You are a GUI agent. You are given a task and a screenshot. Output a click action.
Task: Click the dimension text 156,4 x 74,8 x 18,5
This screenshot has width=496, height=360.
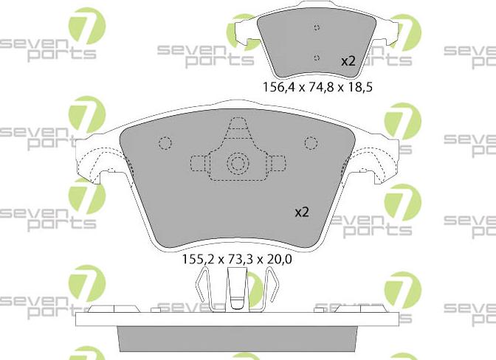(317, 86)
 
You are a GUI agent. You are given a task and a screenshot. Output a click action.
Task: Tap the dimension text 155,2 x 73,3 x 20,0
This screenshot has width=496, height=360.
(237, 260)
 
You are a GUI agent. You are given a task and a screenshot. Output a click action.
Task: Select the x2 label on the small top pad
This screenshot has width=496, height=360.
(348, 61)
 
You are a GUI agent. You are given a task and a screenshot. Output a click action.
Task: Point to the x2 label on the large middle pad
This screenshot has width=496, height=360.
(302, 212)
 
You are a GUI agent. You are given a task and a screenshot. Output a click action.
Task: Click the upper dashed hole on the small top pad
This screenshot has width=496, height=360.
(317, 27)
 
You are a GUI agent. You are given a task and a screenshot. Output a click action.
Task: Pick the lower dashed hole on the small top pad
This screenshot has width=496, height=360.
(317, 58)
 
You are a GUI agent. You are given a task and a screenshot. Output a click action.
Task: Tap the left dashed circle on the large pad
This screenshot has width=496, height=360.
(165, 143)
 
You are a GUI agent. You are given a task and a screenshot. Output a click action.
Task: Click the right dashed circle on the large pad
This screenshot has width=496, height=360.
(311, 143)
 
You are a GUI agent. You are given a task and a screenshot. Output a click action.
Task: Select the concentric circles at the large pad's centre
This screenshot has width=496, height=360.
(238, 164)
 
